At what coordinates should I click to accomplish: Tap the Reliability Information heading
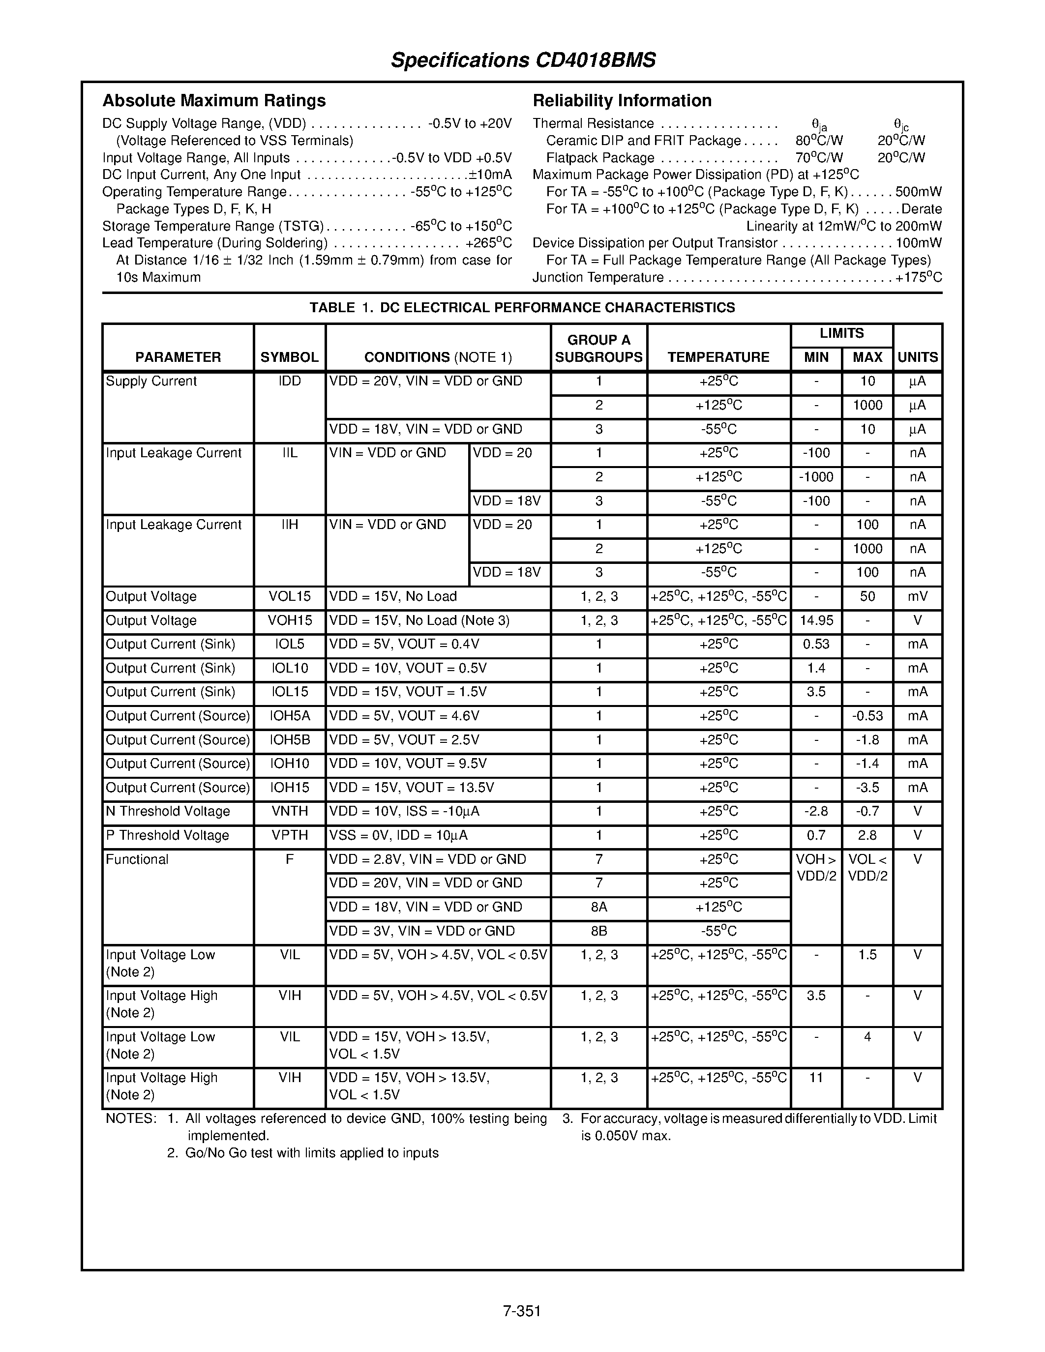(x=622, y=100)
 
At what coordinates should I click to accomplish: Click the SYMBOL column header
(x=289, y=357)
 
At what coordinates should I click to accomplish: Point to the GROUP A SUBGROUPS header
(x=598, y=349)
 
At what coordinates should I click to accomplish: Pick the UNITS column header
(x=918, y=357)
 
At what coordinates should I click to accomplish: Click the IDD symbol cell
(x=289, y=382)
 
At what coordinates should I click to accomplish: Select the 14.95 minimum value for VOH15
(x=816, y=620)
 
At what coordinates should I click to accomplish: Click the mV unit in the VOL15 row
(x=918, y=597)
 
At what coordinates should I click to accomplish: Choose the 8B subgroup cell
(x=598, y=931)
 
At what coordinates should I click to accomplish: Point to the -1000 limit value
(x=816, y=477)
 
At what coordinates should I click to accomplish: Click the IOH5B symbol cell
(x=289, y=740)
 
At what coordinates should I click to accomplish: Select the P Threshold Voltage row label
(x=167, y=835)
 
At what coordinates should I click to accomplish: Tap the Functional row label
(x=137, y=859)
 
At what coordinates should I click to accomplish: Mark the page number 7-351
(x=522, y=1311)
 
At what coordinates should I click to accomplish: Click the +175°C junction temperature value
(x=919, y=278)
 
